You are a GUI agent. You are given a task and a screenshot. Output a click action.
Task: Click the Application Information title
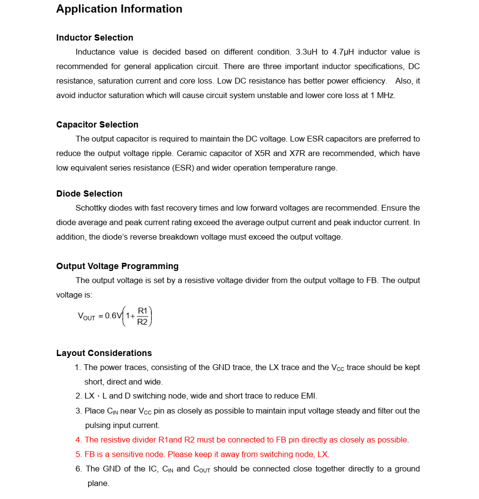119,9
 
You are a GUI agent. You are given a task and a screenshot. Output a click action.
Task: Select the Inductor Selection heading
95,38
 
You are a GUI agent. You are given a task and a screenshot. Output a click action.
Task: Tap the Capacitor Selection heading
97,125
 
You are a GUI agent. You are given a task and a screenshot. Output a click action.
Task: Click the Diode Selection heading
89,194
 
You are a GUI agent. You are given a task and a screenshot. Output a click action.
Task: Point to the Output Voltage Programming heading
117,266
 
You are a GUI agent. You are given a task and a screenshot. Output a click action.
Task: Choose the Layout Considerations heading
104,353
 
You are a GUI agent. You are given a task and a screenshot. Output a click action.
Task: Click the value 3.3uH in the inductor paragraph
306,52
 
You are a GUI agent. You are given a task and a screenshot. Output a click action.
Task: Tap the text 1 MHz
382,96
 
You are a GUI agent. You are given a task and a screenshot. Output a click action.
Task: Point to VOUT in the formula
87,316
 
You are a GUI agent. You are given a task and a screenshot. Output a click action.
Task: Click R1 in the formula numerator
143,311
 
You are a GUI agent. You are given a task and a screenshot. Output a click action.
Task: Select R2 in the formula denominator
143,322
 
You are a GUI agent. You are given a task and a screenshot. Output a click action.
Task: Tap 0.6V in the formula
114,316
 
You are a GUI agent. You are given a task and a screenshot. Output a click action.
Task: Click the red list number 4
78,440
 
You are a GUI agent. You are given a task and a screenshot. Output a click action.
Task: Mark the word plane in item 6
98,484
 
